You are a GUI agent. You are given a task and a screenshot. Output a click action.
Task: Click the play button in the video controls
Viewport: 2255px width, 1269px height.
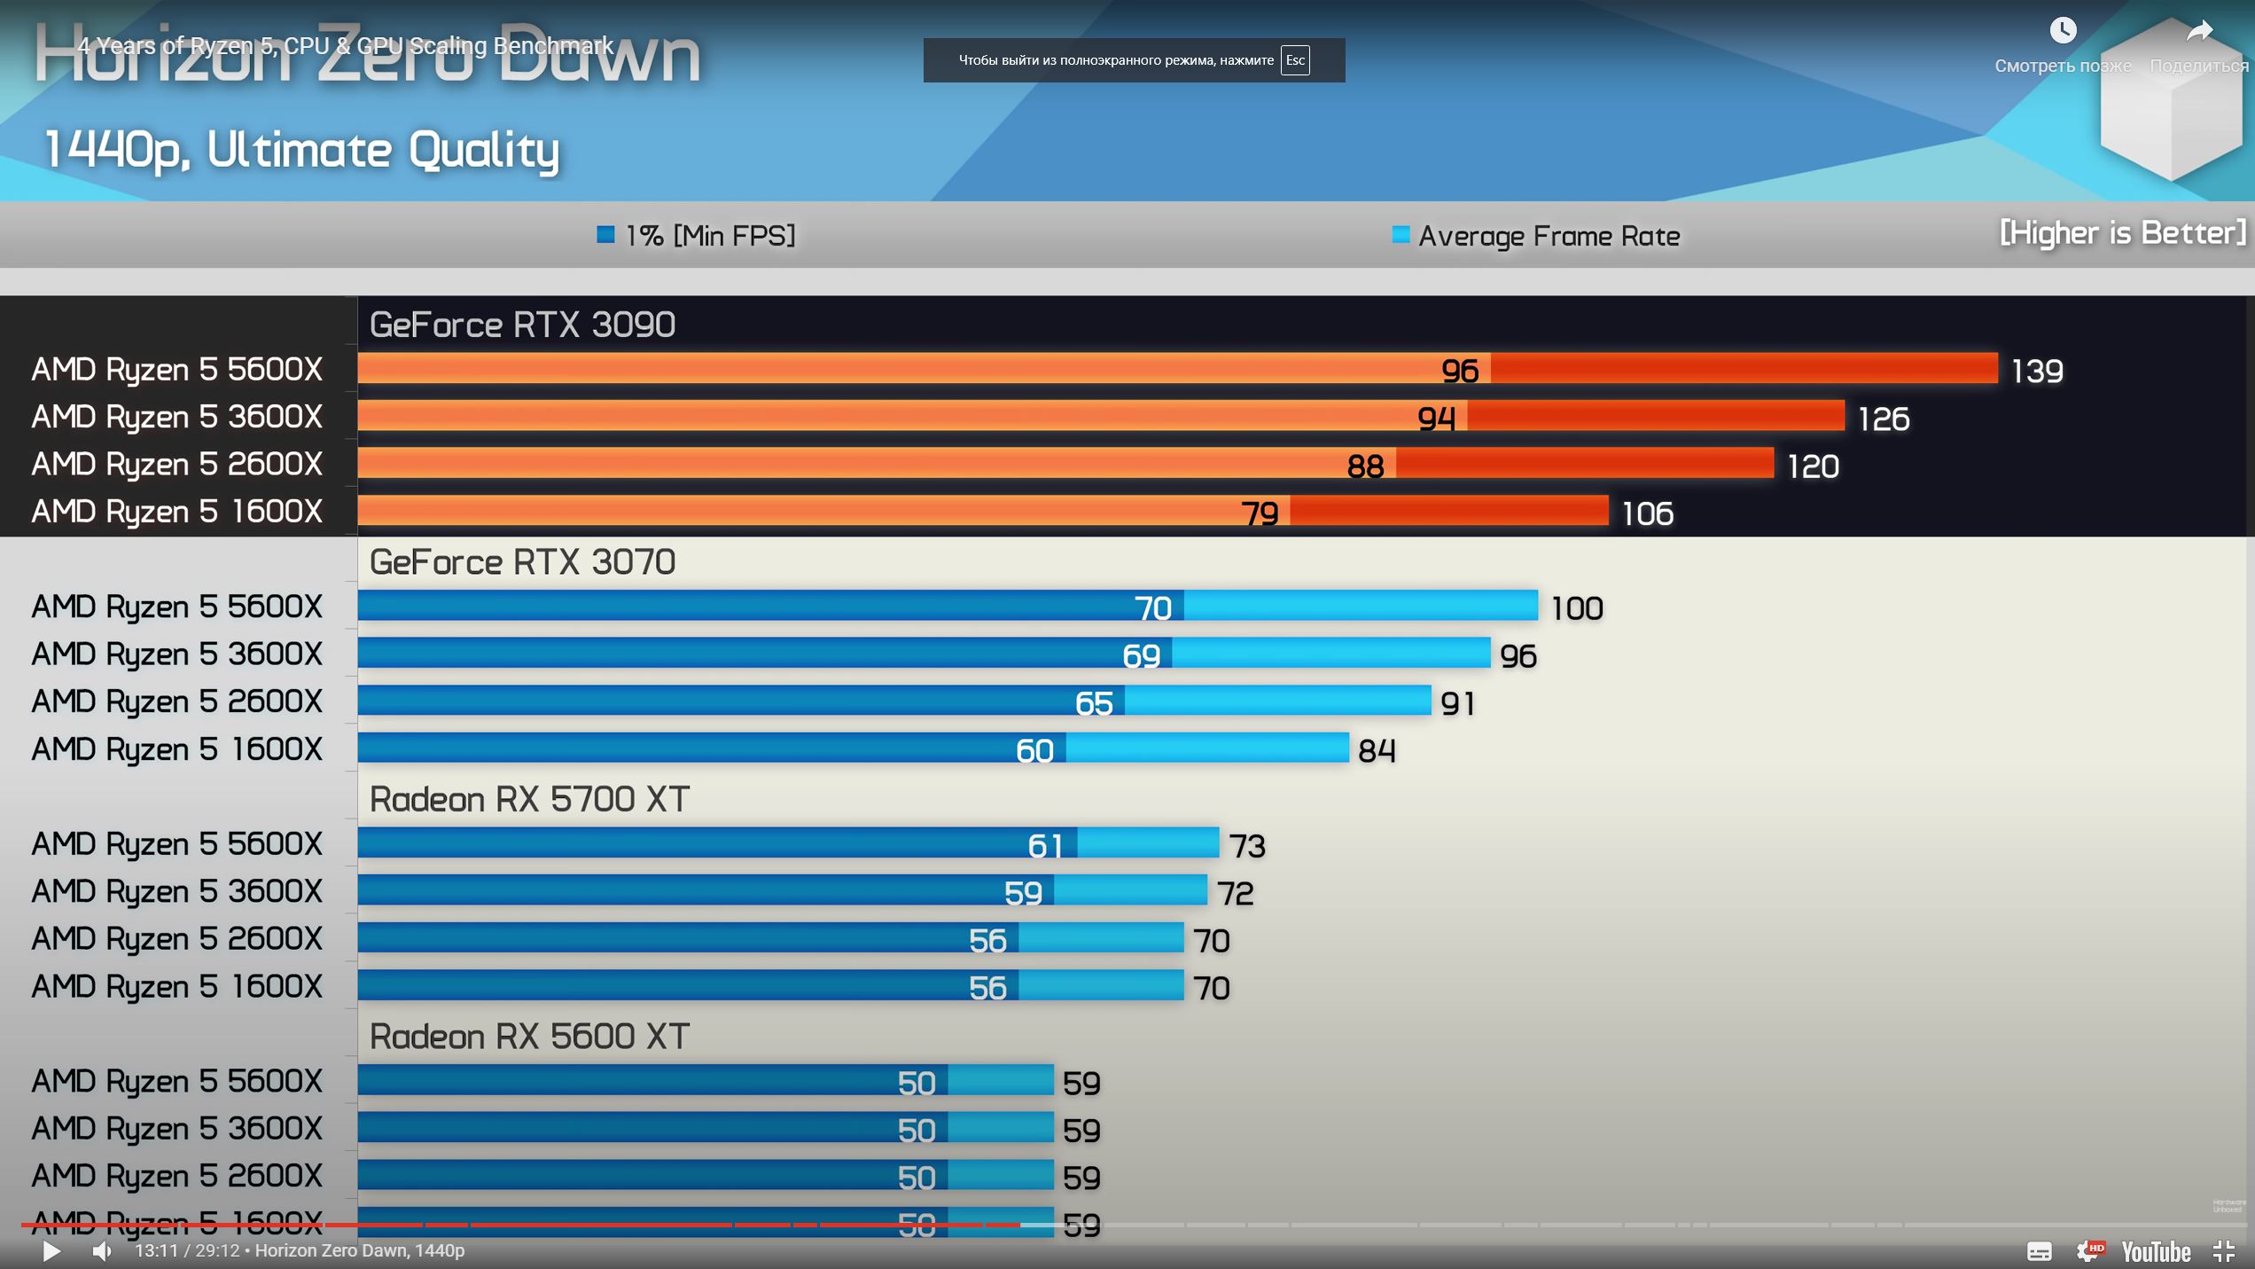point(51,1250)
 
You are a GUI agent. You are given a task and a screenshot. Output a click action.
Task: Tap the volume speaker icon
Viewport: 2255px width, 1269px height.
point(103,1250)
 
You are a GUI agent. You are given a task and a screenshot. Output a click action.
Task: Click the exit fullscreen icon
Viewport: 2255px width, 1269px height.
point(2223,1250)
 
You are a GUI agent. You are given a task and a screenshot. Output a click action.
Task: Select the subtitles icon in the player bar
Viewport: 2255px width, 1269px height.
point(2039,1250)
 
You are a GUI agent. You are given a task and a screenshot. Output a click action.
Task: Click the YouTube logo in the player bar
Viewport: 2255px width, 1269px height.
point(2156,1251)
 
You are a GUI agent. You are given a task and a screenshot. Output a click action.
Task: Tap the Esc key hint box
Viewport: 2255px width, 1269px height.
point(1295,60)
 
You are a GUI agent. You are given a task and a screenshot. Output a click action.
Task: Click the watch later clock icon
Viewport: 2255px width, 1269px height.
point(2063,31)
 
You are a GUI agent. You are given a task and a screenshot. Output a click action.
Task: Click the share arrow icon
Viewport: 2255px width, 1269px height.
point(2199,31)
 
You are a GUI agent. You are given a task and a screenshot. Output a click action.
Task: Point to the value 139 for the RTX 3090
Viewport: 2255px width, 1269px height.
point(2037,371)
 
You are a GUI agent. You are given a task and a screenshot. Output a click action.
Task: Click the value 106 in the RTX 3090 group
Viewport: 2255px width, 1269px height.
point(1647,513)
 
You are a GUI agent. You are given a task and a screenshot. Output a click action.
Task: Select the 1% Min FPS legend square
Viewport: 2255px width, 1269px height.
point(606,235)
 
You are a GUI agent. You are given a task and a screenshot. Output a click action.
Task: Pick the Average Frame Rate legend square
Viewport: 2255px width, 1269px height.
point(1401,235)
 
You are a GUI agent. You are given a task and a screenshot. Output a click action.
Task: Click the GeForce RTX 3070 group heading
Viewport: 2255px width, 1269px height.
point(522,562)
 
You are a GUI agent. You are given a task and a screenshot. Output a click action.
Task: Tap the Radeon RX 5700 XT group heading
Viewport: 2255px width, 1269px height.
point(529,800)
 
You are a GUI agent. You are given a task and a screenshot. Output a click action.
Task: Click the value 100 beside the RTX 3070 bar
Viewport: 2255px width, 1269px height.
point(1577,608)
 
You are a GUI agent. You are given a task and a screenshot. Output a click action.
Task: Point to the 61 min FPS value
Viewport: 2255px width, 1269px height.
point(1044,845)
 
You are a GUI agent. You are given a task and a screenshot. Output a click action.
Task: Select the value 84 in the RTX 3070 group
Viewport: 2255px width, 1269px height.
point(1377,751)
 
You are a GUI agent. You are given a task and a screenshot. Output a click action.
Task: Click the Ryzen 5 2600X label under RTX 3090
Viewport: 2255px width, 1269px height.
point(176,464)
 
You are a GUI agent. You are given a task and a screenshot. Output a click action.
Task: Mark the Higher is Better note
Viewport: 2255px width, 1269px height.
point(2122,233)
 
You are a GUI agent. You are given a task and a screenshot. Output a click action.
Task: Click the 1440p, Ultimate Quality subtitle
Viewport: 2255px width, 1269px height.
point(301,150)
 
